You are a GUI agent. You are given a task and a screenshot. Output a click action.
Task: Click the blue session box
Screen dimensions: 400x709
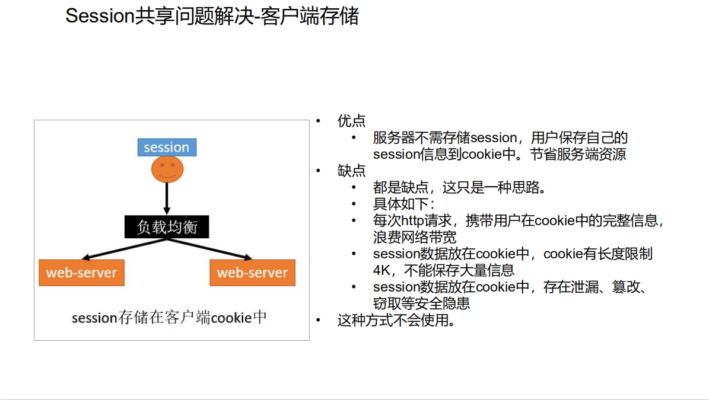[x=167, y=148]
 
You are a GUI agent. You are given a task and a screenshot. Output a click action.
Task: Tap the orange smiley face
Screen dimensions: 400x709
[x=167, y=169]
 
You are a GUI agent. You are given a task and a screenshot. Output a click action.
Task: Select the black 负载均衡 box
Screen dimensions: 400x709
[x=167, y=227]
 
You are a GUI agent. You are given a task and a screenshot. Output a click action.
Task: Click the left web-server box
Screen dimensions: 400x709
[x=82, y=273]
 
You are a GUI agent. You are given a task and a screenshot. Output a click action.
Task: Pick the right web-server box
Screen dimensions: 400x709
[x=252, y=273]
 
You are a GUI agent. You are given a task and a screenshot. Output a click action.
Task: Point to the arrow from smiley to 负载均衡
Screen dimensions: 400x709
[x=167, y=198]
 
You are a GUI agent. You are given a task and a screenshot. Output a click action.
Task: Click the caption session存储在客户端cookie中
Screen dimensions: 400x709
[x=169, y=318]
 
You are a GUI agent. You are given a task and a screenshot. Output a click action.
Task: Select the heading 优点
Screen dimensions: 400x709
[x=351, y=121]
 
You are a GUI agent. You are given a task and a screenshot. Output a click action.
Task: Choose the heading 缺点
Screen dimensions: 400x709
[x=351, y=171]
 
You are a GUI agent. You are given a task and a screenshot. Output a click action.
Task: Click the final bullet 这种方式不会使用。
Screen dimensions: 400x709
[x=396, y=321]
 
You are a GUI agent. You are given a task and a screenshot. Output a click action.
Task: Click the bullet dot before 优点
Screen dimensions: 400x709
[x=318, y=121]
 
